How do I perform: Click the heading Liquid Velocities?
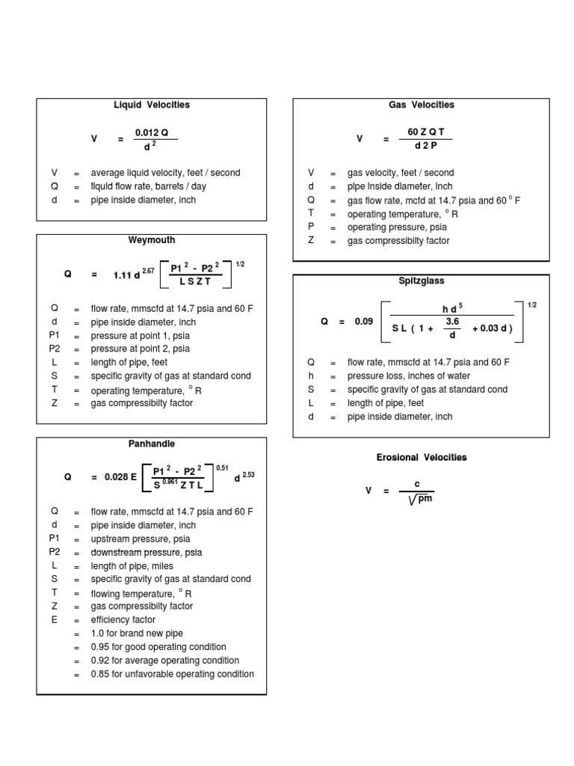151,105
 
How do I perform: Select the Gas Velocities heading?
422,105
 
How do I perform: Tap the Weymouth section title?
151,240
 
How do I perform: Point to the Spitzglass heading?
422,281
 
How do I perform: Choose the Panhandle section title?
151,444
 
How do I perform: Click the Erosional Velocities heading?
422,457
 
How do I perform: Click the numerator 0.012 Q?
152,132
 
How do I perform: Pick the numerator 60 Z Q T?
425,132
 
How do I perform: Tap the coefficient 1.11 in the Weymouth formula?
121,275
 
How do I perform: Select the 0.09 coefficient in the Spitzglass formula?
364,322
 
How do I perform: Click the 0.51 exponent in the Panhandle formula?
222,468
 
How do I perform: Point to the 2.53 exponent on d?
249,475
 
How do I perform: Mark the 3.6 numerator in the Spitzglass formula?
451,321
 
